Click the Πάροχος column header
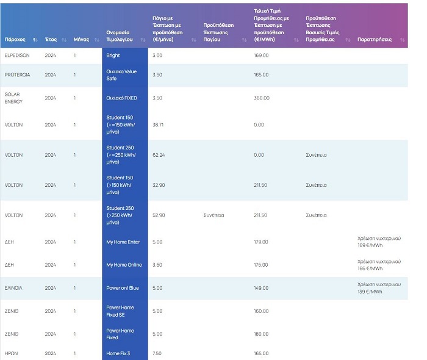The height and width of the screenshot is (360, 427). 15,39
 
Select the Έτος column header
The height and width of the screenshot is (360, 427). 51,39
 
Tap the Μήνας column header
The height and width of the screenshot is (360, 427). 82,39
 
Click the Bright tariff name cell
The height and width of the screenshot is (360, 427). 113,56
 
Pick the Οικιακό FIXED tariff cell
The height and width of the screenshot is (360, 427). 121,98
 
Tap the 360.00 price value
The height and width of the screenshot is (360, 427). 261,98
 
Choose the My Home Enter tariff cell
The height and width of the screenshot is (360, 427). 123,242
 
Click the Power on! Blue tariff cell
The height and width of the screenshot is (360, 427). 122,288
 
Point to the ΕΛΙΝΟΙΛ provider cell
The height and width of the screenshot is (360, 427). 15,288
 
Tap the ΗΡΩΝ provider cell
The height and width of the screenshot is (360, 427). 12,353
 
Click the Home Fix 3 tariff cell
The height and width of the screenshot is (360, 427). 118,353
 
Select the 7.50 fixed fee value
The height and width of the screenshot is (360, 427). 157,353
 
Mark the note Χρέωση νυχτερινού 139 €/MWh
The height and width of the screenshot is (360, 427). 379,288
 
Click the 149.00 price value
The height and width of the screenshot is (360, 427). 261,288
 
